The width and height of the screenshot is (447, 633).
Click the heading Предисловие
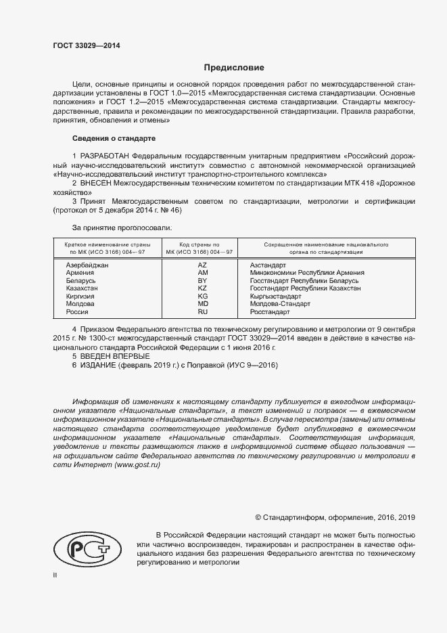point(234,68)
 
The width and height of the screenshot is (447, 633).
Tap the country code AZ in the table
point(202,265)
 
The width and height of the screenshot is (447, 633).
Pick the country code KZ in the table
point(202,288)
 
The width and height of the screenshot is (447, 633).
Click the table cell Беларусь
point(80,280)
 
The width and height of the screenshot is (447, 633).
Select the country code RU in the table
point(202,312)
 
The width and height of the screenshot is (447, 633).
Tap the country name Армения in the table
point(80,273)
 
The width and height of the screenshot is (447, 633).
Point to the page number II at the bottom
point(55,575)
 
